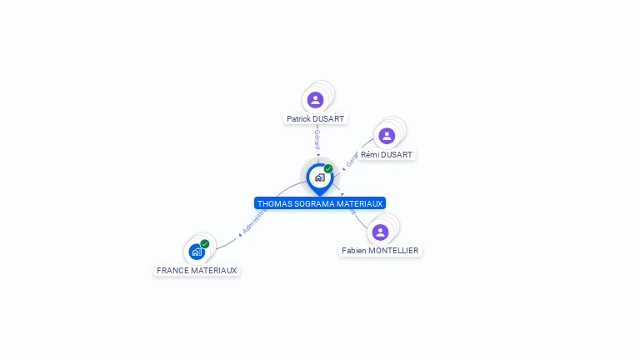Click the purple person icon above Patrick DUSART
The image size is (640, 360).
coord(315,100)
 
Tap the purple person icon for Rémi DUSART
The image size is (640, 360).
coord(387,136)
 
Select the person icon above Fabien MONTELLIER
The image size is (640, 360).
coord(381,232)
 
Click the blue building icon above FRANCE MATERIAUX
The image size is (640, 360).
coord(196,251)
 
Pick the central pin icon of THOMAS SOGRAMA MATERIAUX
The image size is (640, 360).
coord(319,177)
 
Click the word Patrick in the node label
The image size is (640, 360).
coord(300,119)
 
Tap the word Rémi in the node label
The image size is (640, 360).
coord(370,155)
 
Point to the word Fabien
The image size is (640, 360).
coord(355,251)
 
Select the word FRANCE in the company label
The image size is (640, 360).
coord(173,271)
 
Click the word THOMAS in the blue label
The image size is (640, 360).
coord(275,203)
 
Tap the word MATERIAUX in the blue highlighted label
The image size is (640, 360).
coord(361,203)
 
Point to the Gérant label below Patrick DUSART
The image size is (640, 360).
coord(317,139)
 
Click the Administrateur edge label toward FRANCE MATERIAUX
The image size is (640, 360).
coord(254,221)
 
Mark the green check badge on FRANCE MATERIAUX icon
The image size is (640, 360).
coord(205,243)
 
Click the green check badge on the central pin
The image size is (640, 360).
coord(328,169)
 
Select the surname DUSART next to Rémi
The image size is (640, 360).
coord(397,155)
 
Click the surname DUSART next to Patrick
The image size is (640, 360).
coord(329,119)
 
